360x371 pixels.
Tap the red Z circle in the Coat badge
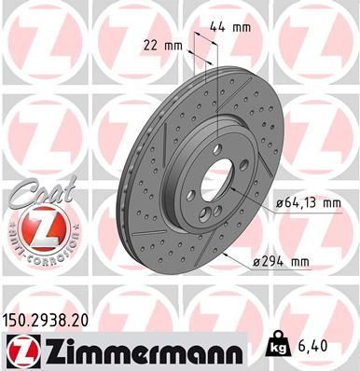tap(34, 227)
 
